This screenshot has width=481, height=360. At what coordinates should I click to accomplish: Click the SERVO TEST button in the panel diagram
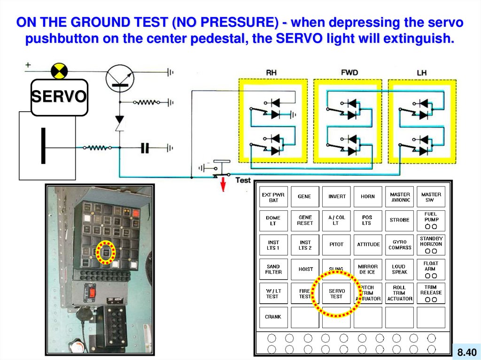coord(336,294)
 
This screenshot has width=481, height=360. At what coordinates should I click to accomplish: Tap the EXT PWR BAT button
coord(273,197)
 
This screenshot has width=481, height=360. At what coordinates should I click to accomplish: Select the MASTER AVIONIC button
coord(400,197)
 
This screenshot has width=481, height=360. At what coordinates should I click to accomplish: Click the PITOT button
coord(336,245)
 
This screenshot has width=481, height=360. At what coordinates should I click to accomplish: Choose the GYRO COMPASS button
coord(400,245)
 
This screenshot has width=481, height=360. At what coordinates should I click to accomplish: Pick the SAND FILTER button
coord(273,269)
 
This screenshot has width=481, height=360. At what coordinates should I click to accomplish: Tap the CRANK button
coord(273,317)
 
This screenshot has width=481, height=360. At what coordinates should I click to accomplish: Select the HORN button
coord(368,197)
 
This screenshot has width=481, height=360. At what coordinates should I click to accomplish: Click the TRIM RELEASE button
coord(431,293)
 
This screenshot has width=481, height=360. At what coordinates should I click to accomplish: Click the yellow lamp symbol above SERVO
coord(59,71)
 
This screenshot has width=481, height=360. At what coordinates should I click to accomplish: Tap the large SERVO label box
coord(59,97)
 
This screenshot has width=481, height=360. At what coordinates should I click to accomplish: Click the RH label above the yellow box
coord(271,73)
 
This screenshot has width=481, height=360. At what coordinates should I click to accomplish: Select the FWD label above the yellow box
coord(349,72)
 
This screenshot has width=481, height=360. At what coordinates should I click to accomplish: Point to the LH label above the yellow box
coord(421,73)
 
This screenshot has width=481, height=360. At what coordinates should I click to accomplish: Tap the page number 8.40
coord(466,352)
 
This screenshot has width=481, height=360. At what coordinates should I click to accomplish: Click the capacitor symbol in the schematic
coord(145,148)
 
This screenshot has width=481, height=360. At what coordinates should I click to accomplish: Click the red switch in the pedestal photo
coord(93,294)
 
